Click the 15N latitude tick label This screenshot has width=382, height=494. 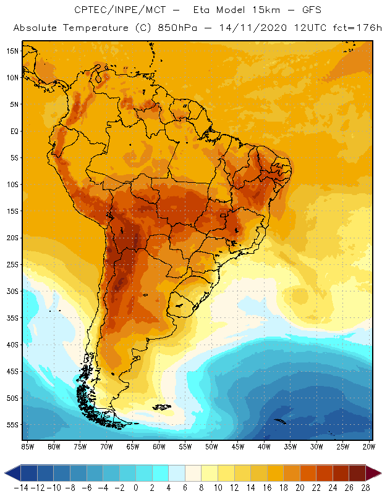[x=12, y=51]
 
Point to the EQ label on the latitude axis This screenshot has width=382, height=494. [x=12, y=131]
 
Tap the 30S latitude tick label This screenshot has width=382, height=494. [x=12, y=291]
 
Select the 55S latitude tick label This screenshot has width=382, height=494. [x=12, y=425]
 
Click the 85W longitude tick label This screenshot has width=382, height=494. [x=27, y=446]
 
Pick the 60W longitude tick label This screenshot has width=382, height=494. [x=159, y=446]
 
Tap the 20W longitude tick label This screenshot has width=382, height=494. [x=370, y=446]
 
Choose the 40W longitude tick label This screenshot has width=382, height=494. [x=265, y=446]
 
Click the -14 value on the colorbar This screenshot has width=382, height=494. [x=20, y=488]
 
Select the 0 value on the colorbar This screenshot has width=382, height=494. [x=136, y=488]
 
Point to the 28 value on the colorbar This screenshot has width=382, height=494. [x=365, y=488]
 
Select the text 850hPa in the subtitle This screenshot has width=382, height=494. [x=166, y=28]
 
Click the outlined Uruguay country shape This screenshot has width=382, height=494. [x=180, y=303]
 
